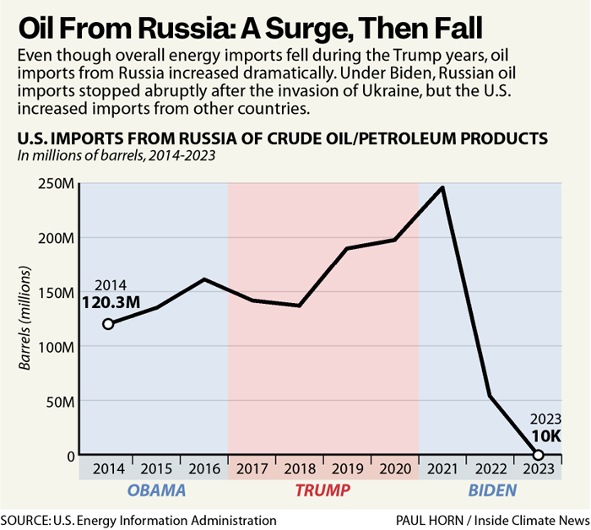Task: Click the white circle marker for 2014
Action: [108, 324]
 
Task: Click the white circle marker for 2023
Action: [538, 455]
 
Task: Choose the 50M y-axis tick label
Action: [59, 401]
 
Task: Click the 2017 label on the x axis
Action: [252, 468]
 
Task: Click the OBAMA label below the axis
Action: [155, 490]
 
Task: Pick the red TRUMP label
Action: [323, 490]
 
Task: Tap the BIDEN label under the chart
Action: [490, 490]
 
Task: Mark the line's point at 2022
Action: [491, 396]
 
